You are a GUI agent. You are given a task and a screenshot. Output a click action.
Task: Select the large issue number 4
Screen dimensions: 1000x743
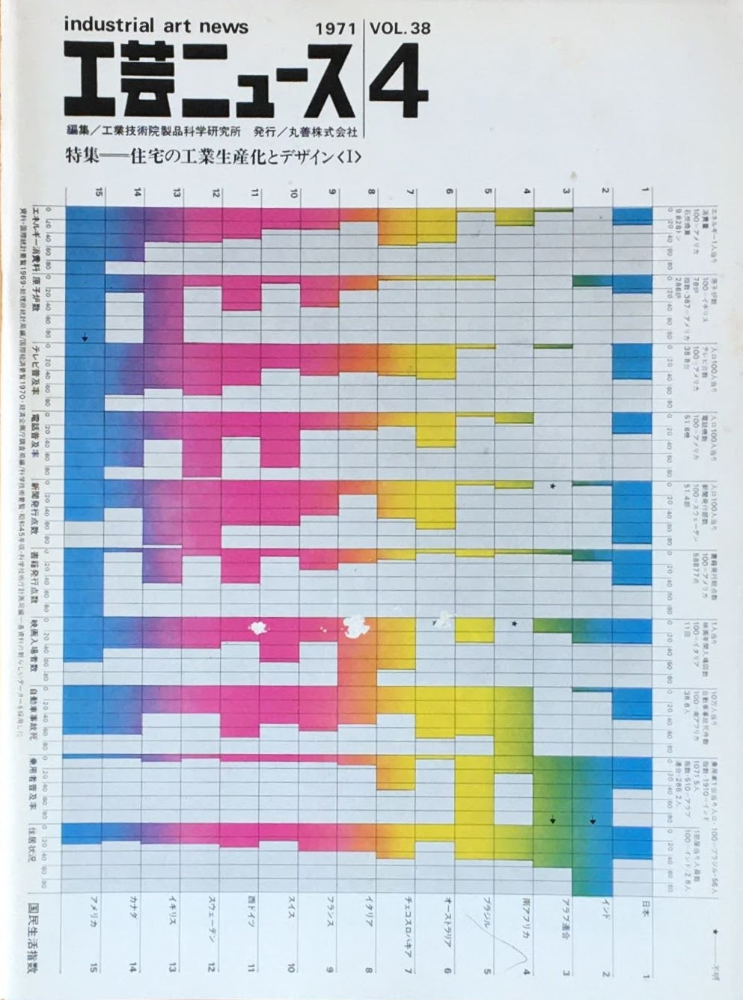399,86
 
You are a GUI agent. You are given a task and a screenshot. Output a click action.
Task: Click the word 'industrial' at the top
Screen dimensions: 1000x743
113,27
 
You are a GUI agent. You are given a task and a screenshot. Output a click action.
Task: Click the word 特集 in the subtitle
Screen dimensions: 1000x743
80,157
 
